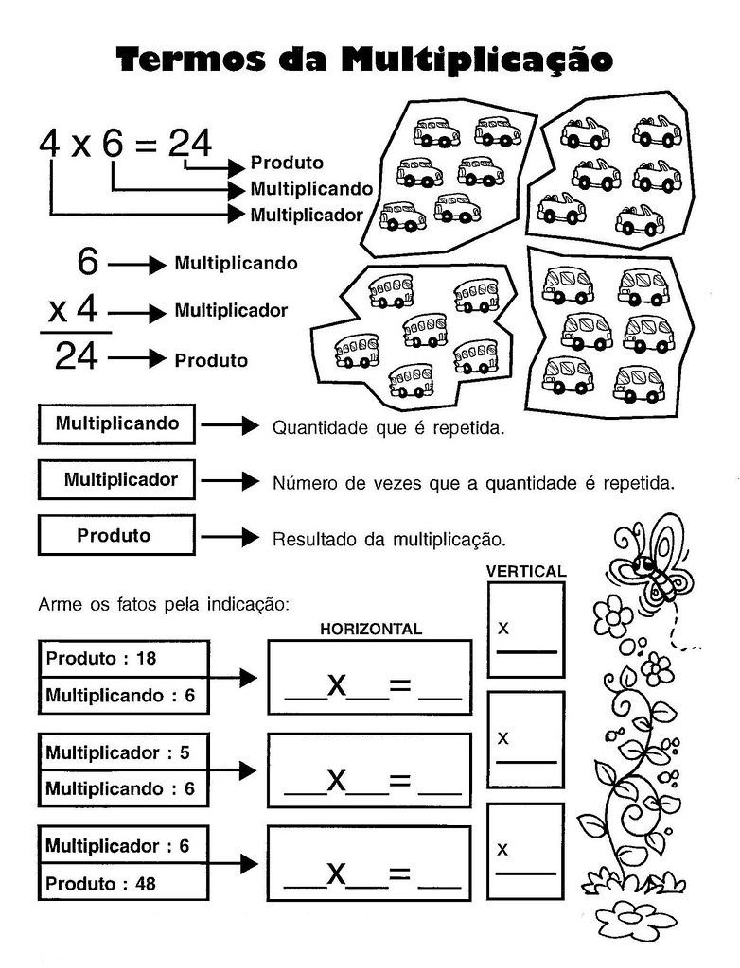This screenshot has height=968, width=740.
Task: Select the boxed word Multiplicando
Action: click(116, 423)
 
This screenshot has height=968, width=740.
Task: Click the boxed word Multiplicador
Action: click(120, 480)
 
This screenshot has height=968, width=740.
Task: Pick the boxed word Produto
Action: click(114, 536)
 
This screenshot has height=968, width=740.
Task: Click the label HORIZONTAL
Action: click(370, 629)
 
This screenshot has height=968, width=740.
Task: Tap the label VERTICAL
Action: click(526, 571)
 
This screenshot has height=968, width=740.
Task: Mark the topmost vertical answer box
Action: click(526, 630)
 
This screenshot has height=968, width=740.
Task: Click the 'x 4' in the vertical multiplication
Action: click(74, 310)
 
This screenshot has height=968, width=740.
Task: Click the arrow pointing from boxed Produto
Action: click(230, 537)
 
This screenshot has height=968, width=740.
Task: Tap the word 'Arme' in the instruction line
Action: click(56, 602)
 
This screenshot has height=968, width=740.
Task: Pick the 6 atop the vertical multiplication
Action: click(88, 262)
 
